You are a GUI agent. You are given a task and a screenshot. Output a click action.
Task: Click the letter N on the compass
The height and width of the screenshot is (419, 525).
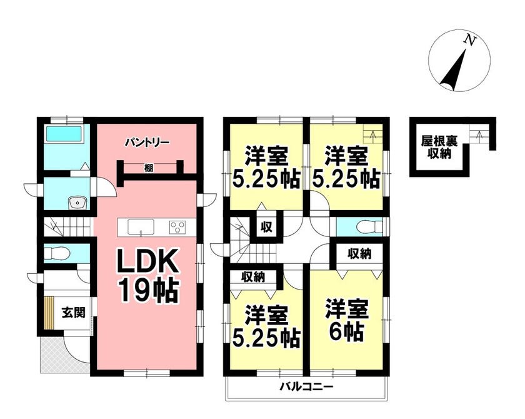471,40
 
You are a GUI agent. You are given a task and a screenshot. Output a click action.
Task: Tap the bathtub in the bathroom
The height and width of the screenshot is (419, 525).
64,134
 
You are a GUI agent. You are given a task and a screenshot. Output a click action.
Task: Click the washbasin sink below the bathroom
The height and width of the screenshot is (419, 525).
77,203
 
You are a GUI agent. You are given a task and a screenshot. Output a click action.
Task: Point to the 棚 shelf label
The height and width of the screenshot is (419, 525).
149,168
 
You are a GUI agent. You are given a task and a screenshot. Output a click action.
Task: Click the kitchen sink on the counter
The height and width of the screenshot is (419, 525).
141,227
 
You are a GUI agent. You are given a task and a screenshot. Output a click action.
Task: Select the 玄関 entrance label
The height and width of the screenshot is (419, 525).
74,313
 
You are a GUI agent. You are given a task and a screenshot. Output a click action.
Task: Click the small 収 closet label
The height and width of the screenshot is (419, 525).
266,228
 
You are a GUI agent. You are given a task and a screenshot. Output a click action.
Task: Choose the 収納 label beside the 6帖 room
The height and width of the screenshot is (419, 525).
359,254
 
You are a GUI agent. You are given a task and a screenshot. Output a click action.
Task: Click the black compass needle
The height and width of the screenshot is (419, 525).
454,71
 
